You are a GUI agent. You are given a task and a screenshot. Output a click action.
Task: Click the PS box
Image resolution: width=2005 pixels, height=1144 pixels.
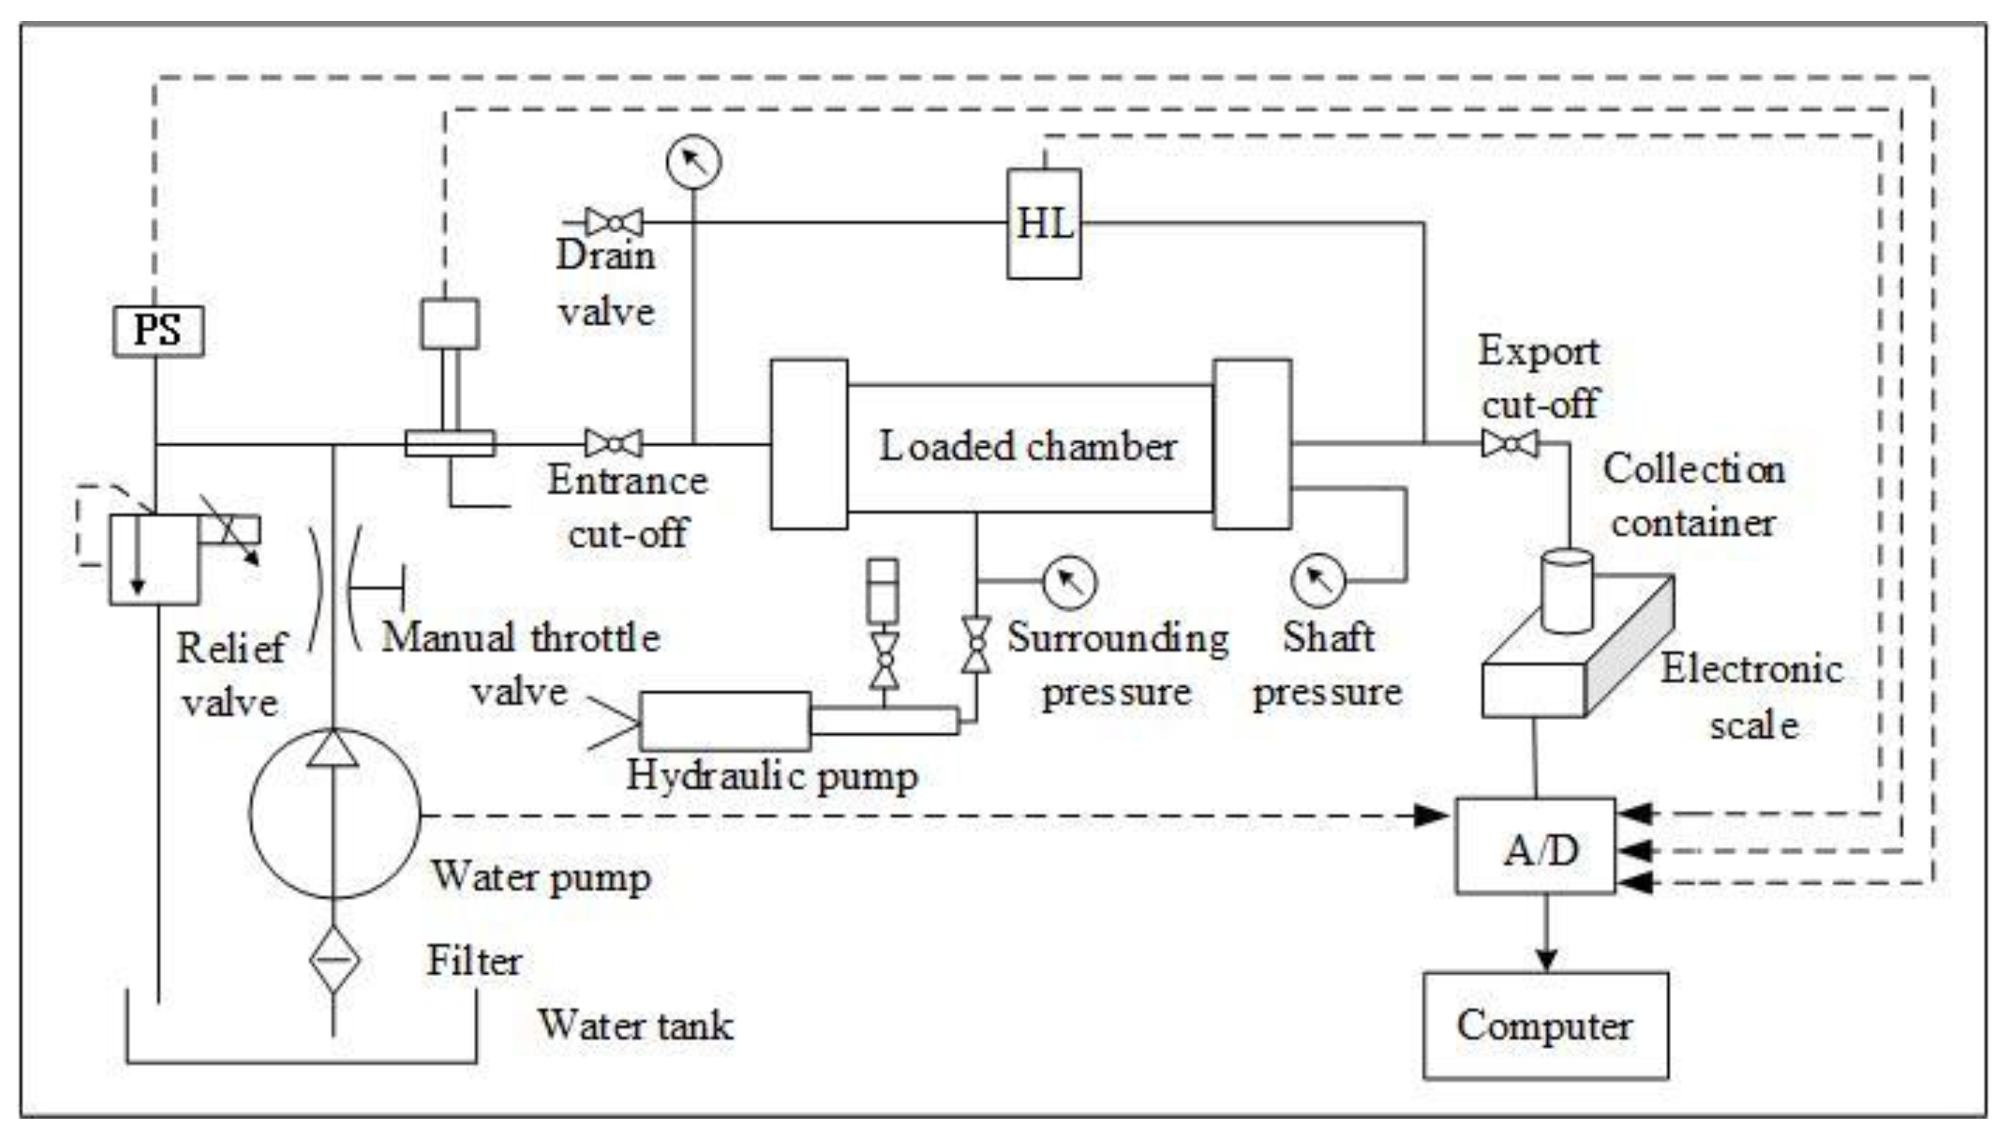pyautogui.click(x=158, y=331)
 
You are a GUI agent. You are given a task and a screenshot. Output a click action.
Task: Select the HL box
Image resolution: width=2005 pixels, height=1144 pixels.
pyautogui.click(x=1044, y=224)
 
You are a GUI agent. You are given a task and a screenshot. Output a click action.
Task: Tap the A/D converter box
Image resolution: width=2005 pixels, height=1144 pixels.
pyautogui.click(x=1536, y=846)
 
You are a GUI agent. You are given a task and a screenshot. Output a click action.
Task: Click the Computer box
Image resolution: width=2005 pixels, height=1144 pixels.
pyautogui.click(x=1545, y=1025)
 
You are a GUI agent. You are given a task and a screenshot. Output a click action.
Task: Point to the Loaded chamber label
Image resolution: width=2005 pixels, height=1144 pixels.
pyautogui.click(x=1027, y=446)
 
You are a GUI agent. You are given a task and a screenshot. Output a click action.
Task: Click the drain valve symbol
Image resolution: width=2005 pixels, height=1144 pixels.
pyautogui.click(x=614, y=223)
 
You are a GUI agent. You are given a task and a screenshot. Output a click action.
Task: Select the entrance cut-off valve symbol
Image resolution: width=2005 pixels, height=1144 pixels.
pyautogui.click(x=614, y=443)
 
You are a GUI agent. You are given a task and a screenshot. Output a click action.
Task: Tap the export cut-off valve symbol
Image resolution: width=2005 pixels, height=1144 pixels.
pyautogui.click(x=1509, y=444)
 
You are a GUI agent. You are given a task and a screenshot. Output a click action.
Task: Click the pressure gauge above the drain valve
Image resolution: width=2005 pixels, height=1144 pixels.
pyautogui.click(x=693, y=162)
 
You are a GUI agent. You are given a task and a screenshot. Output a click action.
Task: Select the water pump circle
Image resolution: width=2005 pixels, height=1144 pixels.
pyautogui.click(x=335, y=814)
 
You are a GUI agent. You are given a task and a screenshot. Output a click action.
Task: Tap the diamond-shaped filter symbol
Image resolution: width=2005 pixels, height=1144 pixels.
pyautogui.click(x=334, y=959)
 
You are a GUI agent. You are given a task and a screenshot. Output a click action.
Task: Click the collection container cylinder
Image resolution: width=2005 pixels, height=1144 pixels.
pyautogui.click(x=1567, y=591)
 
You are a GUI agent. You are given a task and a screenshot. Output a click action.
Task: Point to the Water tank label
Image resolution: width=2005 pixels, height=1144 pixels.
pyautogui.click(x=635, y=1025)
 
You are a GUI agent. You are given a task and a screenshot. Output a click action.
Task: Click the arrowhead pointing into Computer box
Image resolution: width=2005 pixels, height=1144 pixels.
pyautogui.click(x=1546, y=959)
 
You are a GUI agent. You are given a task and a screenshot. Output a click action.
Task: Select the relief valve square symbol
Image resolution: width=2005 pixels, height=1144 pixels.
pyautogui.click(x=154, y=559)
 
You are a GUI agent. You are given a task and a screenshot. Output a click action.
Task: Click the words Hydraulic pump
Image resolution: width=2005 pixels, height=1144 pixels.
pyautogui.click(x=771, y=776)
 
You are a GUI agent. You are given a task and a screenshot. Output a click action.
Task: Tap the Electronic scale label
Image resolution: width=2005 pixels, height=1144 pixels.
pyautogui.click(x=1751, y=697)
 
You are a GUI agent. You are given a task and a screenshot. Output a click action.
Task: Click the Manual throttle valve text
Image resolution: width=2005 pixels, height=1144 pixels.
pyautogui.click(x=520, y=664)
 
